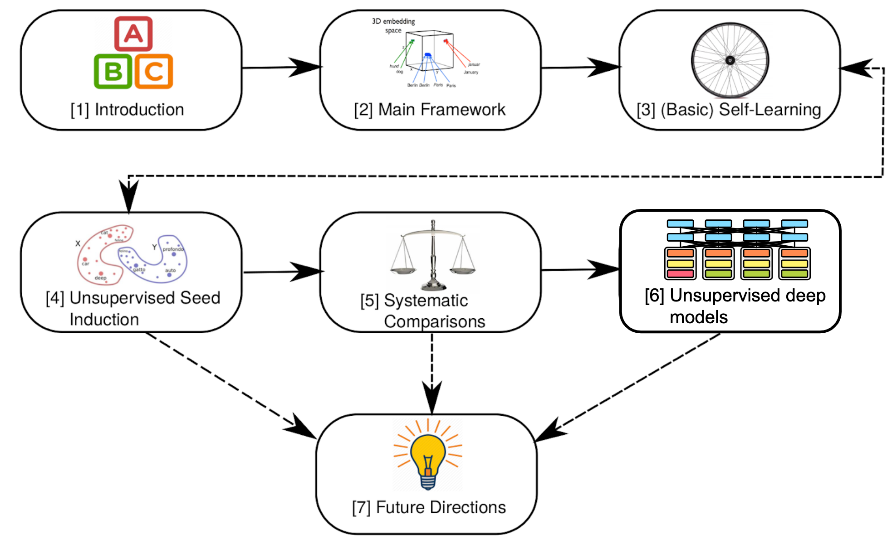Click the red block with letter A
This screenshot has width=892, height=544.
[133, 34]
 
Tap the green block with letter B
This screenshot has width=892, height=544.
[113, 71]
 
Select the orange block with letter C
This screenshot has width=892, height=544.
[154, 71]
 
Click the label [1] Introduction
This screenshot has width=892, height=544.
[127, 110]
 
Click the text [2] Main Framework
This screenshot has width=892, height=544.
[429, 110]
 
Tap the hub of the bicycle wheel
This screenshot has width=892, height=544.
[730, 60]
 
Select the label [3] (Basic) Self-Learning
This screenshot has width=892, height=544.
[729, 110]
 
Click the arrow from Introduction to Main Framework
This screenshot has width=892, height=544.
[281, 68]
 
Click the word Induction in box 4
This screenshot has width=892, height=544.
[104, 320]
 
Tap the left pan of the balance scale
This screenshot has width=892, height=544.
[402, 271]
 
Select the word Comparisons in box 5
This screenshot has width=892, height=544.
[434, 321]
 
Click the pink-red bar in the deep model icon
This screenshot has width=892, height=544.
[680, 273]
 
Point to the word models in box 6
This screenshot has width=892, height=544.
[698, 317]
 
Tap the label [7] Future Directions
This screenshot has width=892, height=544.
[428, 507]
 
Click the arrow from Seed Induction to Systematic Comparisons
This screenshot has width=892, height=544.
[281, 272]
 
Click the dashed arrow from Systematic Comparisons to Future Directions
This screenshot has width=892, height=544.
[432, 372]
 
